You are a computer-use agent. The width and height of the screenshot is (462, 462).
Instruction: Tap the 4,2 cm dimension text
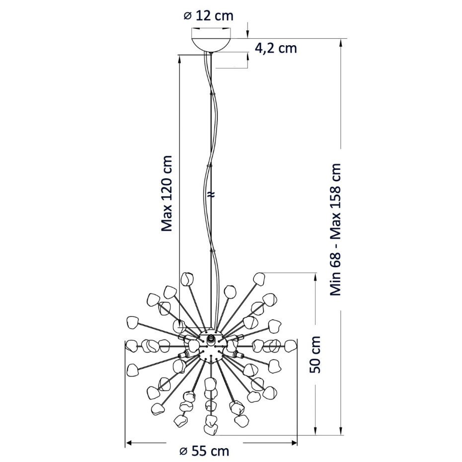276,48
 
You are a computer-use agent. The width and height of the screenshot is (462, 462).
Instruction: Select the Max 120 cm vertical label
166,193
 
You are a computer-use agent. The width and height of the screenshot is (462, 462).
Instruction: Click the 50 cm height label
315,354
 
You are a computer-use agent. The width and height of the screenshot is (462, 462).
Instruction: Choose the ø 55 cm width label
204,451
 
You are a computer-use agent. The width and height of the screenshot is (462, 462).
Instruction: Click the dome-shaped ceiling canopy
211,45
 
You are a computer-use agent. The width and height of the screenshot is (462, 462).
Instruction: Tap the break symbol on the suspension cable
211,194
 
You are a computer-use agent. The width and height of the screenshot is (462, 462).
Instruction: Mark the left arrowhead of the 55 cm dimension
129,443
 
